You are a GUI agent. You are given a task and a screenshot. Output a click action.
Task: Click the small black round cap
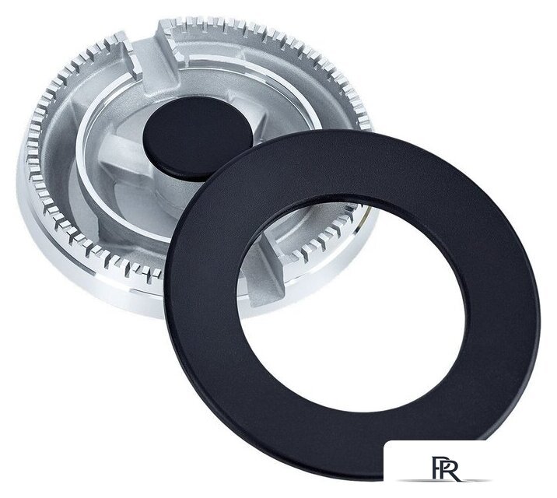pyautogui.click(x=198, y=137)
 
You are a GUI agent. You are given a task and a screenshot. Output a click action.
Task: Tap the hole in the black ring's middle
pyautogui.click(x=352, y=306)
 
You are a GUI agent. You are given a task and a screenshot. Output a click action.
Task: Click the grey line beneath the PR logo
pyautogui.click(x=445, y=481)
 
